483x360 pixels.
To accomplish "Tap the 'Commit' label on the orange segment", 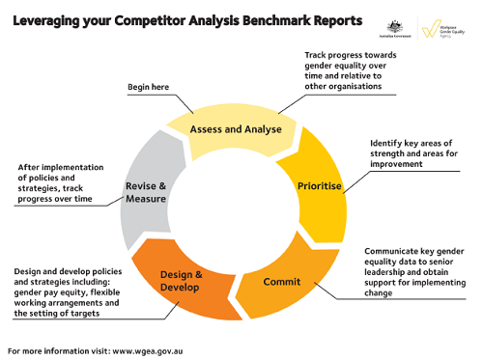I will pyautogui.click(x=282, y=282).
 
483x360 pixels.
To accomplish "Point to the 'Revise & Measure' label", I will pyautogui.click(x=146, y=192).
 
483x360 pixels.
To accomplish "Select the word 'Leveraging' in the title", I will pyautogui.click(x=52, y=20).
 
